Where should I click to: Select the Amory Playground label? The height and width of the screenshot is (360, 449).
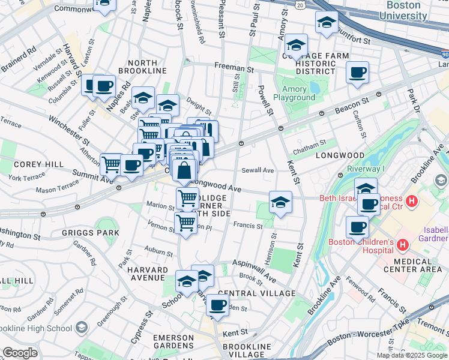click(294, 92)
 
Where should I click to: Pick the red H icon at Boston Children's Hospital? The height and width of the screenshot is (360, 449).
click(402, 245)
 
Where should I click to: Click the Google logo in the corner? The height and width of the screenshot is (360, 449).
click(20, 353)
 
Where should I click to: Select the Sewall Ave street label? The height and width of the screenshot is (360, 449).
click(258, 170)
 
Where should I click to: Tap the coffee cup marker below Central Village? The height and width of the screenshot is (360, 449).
click(217, 305)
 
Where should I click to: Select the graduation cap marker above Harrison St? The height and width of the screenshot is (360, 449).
click(280, 203)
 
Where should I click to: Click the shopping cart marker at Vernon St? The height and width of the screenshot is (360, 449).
click(186, 223)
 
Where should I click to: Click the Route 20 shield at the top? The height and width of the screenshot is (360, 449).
click(300, 4)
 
